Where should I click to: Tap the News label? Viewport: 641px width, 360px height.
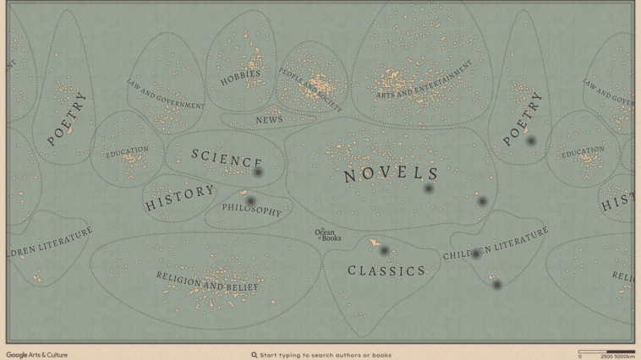coord(269,120)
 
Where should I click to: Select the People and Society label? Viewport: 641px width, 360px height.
coord(310,90)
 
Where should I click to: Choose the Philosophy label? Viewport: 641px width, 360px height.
coord(251,210)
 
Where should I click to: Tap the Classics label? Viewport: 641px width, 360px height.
coord(386,271)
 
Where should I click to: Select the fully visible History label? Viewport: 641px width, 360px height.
coord(179,198)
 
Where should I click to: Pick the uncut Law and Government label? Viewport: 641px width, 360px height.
coord(166,95)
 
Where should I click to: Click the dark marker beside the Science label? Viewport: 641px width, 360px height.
coord(259,172)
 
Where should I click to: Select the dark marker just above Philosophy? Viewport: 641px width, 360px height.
coord(250,201)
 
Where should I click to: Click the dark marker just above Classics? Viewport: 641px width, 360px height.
coord(384,251)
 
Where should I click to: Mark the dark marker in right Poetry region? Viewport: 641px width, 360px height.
coord(531,141)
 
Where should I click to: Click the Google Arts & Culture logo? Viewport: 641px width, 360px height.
coord(37,355)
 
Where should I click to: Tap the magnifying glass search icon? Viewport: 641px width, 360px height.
coord(254,355)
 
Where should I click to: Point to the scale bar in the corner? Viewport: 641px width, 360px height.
coord(606,352)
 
